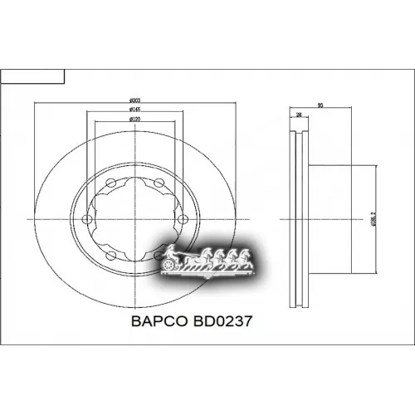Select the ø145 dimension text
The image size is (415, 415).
click(x=134, y=110)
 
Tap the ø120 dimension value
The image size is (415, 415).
click(x=134, y=120)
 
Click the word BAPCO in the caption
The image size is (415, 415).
click(x=160, y=320)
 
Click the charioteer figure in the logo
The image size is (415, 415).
click(x=168, y=251)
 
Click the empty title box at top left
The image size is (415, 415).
click(x=32, y=77)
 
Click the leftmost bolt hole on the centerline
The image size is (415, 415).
click(x=87, y=218)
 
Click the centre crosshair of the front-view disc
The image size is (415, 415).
click(x=134, y=218)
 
